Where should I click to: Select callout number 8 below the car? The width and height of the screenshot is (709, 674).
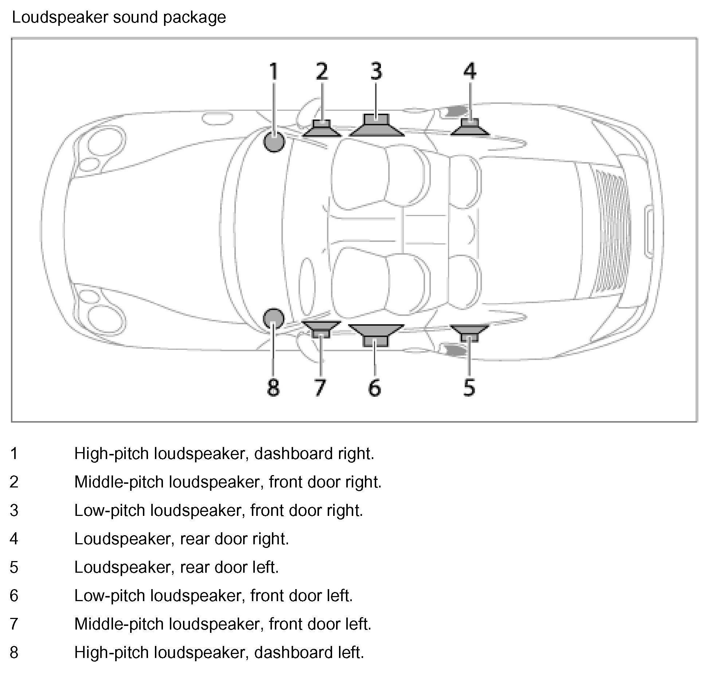273,387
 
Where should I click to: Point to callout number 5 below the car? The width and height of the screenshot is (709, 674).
469,387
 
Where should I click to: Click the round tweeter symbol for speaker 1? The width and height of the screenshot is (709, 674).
274,141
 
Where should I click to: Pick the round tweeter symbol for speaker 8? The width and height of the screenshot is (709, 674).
273,319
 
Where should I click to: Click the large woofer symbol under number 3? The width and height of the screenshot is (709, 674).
377,126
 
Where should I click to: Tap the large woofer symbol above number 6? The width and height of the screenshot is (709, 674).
376,334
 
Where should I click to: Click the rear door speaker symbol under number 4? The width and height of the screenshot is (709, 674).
470,128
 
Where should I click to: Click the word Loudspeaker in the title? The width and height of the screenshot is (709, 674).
61,17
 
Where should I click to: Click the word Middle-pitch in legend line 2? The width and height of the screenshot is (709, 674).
119,482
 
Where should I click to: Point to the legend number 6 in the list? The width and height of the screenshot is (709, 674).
14,595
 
